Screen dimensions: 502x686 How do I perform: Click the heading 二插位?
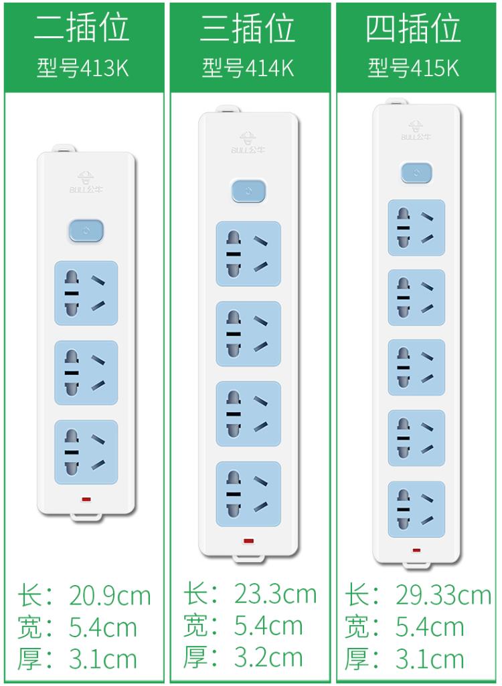tap(82, 27)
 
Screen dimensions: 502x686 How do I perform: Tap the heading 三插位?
tap(248, 27)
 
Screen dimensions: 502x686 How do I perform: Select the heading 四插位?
tap(414, 27)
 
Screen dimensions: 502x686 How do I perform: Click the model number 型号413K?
tap(83, 68)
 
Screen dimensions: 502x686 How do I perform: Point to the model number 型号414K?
tap(248, 68)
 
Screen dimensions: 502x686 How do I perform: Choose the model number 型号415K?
tap(414, 68)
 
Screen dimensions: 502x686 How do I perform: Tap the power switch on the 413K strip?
tap(86, 231)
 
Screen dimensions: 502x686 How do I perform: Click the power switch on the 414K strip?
tap(248, 191)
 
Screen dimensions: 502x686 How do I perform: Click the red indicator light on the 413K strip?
tap(86, 499)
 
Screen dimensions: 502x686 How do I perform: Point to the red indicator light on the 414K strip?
tap(248, 541)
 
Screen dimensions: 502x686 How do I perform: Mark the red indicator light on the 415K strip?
tap(416, 550)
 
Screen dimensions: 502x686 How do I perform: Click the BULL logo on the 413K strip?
tap(86, 183)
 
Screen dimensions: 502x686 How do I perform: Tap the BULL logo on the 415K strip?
tap(416, 130)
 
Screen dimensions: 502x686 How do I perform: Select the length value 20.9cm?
tap(110, 596)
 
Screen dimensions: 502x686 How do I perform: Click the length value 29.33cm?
tap(443, 595)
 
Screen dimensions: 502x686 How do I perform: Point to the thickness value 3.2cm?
tap(268, 657)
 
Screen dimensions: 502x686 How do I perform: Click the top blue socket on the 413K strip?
tap(86, 293)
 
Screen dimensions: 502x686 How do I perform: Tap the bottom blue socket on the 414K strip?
tap(248, 494)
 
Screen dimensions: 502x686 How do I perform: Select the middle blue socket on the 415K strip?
tap(416, 368)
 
